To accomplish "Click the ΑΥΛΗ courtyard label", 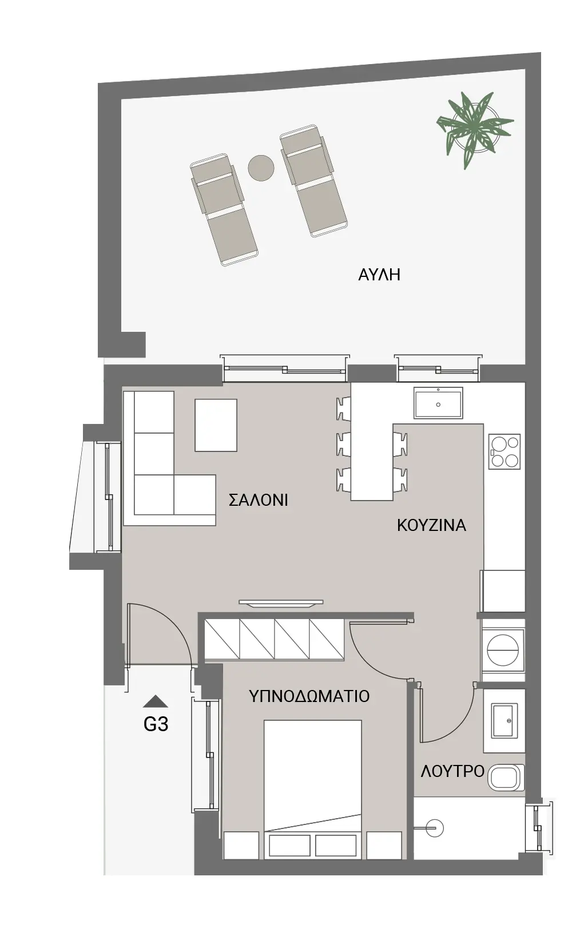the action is (x=379, y=275).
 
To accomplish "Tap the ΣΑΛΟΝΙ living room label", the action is (x=259, y=500).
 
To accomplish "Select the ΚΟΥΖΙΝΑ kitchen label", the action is (x=431, y=525).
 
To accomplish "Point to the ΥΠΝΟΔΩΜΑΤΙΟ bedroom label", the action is (x=309, y=696).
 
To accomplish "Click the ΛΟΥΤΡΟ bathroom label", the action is (x=453, y=771).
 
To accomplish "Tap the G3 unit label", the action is (x=156, y=724).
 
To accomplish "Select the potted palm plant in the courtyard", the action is (x=475, y=128).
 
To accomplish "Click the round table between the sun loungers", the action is (x=261, y=168).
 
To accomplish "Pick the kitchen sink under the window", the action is (x=438, y=403).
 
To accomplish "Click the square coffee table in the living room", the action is (x=216, y=425).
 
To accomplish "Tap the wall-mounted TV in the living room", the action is (x=281, y=602).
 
